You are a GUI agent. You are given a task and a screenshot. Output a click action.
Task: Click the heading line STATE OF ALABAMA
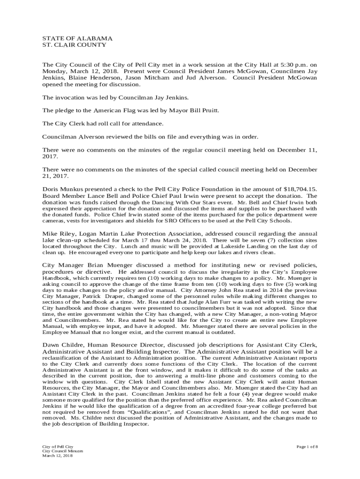pyautogui.click(x=71, y=38)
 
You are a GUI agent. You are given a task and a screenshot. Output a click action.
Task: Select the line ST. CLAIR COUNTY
pyautogui.click(x=68, y=45)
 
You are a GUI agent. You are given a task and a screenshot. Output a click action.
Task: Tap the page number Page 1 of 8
pyautogui.click(x=307, y=447)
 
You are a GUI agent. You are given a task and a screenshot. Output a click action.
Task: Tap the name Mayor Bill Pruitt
pyautogui.click(x=197, y=110)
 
